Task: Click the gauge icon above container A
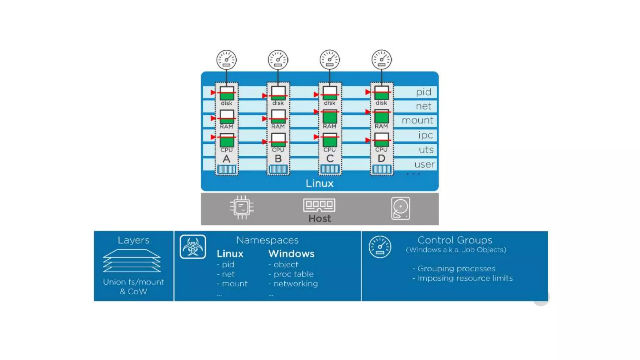pyautogui.click(x=226, y=60)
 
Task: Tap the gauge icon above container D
pyautogui.click(x=381, y=60)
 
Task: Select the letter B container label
pyautogui.click(x=278, y=159)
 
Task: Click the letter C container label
pyautogui.click(x=330, y=158)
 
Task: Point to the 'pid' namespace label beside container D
pyautogui.click(x=423, y=92)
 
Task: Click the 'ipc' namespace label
pyautogui.click(x=425, y=135)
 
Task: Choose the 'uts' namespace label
pyautogui.click(x=426, y=150)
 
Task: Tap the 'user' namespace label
pyautogui.click(x=424, y=164)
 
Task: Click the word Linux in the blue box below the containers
pyautogui.click(x=319, y=183)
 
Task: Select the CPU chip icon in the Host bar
pyautogui.click(x=242, y=207)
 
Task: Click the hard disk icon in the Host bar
pyautogui.click(x=400, y=208)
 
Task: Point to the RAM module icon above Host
pyautogui.click(x=319, y=205)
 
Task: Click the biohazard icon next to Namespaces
pyautogui.click(x=193, y=247)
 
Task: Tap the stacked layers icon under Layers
pyautogui.click(x=132, y=261)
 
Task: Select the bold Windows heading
pyautogui.click(x=291, y=253)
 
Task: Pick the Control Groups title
pyautogui.click(x=455, y=240)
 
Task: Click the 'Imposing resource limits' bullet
pyautogui.click(x=465, y=278)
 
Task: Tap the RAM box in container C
pyautogui.click(x=330, y=117)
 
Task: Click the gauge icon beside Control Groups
pyautogui.click(x=380, y=247)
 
